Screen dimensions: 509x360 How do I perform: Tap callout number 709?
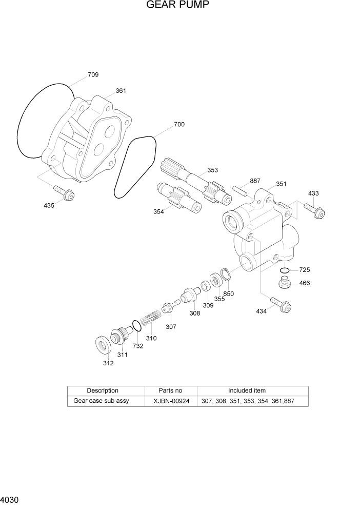(93, 75)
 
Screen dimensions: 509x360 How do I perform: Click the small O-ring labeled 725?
(285, 270)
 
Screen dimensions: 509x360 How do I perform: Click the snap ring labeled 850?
(227, 275)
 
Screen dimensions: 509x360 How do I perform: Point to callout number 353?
(212, 170)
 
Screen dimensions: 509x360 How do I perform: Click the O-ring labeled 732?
(136, 326)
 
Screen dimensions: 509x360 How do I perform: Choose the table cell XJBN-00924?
(171, 401)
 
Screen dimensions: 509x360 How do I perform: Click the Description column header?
(102, 390)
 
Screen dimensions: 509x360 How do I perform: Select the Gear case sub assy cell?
(101, 401)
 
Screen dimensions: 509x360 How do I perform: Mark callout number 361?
(121, 91)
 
